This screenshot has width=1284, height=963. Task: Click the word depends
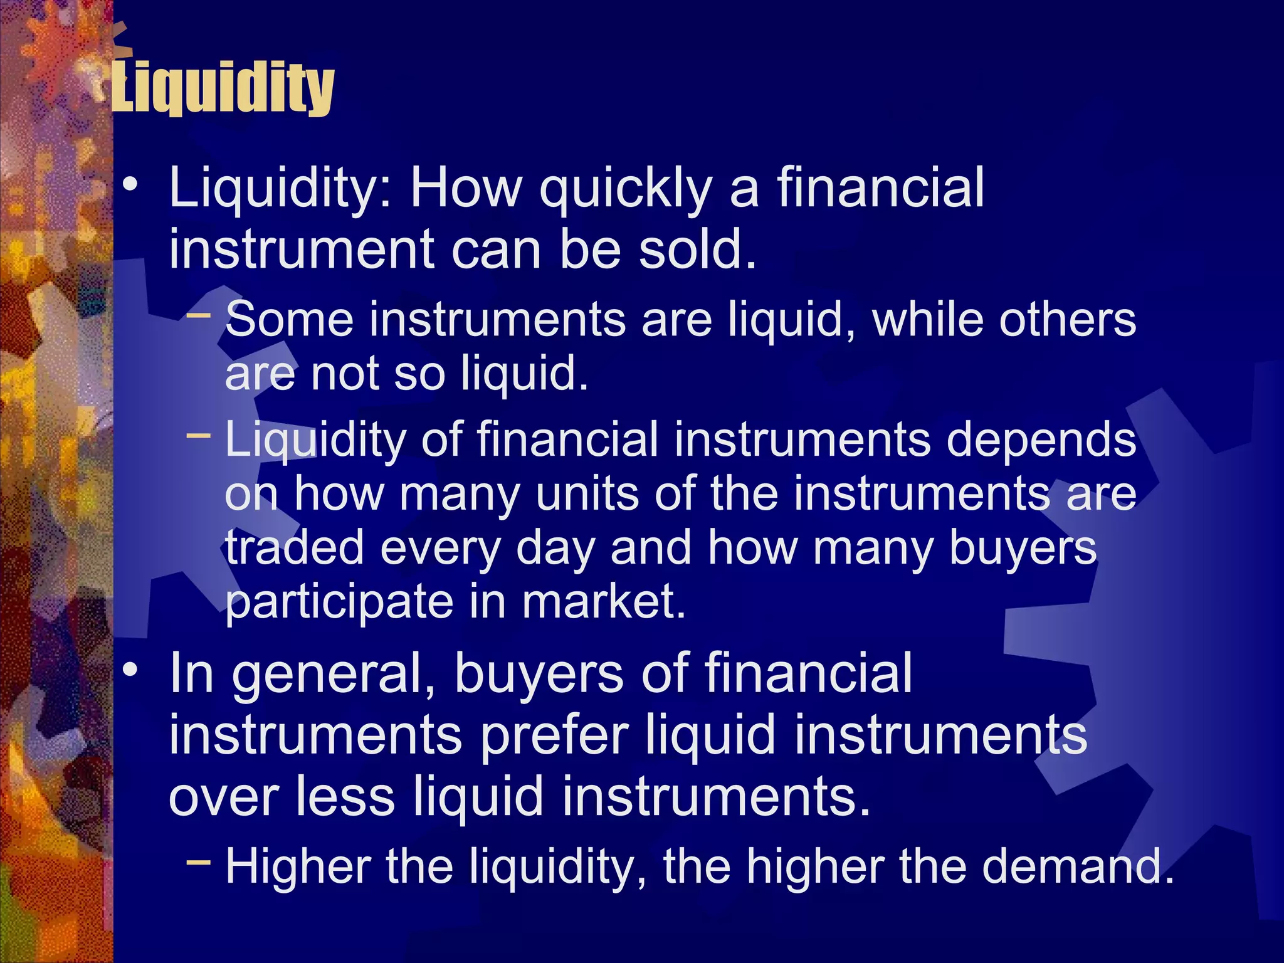[1041, 439]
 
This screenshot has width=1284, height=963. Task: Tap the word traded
[295, 547]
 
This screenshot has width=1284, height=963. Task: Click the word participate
[339, 602]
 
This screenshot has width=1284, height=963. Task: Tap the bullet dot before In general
[130, 670]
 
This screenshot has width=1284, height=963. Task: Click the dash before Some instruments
[199, 313]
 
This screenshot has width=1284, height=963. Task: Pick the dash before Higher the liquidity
[199, 861]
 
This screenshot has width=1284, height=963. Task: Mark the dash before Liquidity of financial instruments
[199, 433]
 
